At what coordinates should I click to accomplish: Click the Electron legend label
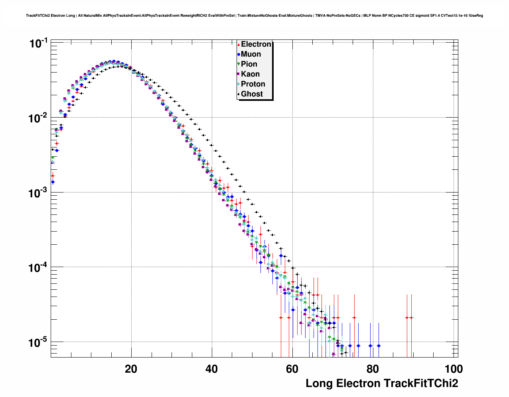coord(256,44)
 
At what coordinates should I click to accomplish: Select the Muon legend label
coord(251,54)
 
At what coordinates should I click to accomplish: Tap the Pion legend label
coord(249,64)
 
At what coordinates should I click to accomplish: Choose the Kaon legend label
coord(250,74)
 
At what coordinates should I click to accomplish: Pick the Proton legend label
coord(253,84)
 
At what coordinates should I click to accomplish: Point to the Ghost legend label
coord(252,94)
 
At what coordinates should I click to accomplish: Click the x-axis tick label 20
coord(131,369)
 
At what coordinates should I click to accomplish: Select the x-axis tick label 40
coord(211,369)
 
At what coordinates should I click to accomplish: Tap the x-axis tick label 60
coord(292,369)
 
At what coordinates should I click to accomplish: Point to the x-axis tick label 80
coord(373,369)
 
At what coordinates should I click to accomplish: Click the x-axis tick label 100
coord(453,369)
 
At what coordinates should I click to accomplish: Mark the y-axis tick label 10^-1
coord(39,43)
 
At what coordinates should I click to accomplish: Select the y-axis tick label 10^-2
coord(39,118)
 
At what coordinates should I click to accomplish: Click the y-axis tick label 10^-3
coord(39,193)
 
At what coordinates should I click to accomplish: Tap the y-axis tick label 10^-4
coord(39,267)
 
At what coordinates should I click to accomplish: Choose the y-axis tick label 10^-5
coord(39,342)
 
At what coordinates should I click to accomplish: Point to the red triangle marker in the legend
coord(239,45)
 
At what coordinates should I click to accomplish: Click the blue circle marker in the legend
coord(239,54)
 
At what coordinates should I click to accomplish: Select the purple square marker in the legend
coord(239,74)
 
